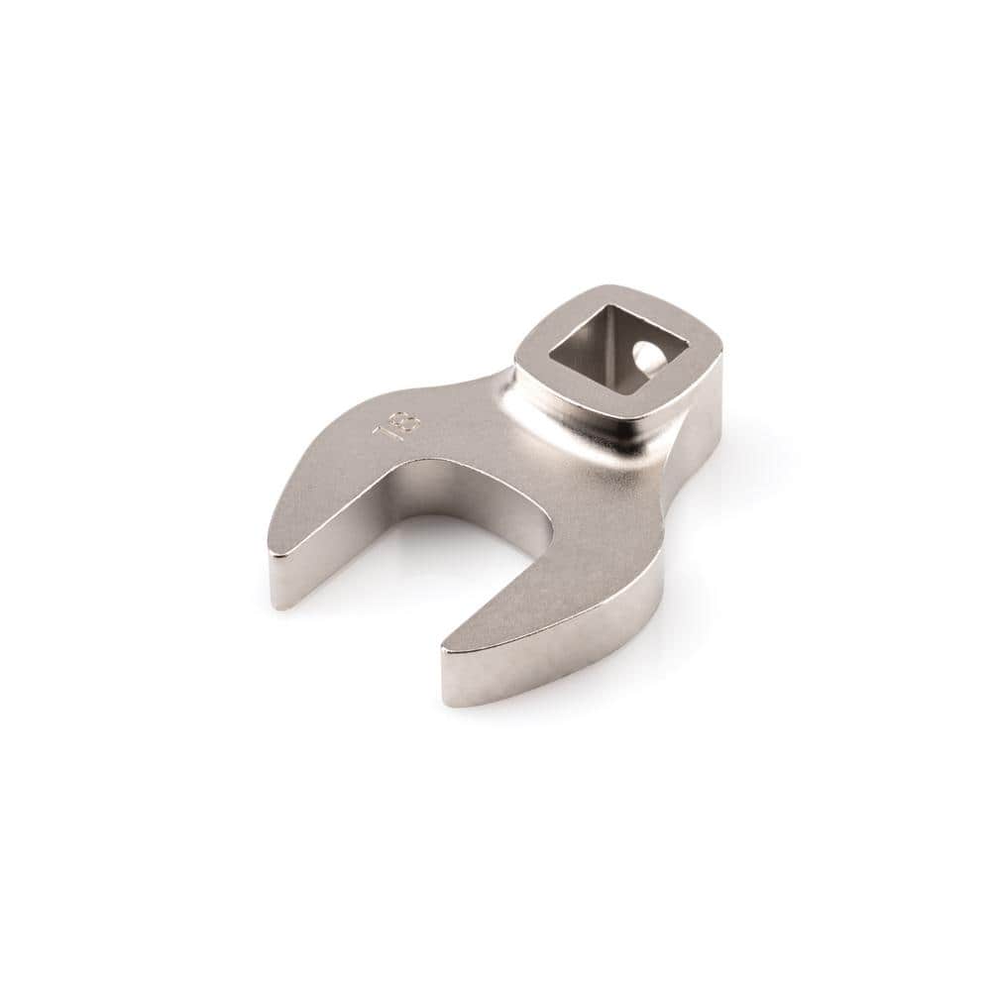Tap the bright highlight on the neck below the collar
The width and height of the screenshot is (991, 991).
[555, 436]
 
